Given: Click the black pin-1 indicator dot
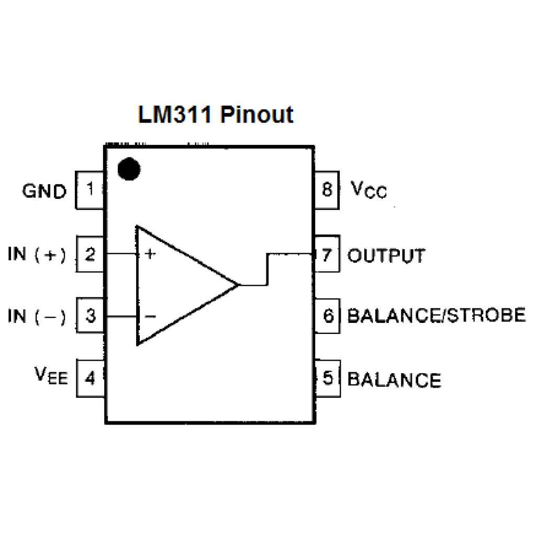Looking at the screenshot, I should click(129, 169).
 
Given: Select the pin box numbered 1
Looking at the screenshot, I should click(91, 189).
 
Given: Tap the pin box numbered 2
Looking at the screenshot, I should click(91, 255).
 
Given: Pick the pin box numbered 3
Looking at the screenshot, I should click(91, 316).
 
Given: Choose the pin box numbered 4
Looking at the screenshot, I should click(91, 377).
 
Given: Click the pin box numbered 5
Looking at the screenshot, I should click(328, 378).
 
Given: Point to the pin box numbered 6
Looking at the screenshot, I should click(328, 316).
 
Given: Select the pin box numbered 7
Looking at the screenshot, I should click(328, 255).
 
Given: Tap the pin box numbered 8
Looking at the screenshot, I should click(328, 189).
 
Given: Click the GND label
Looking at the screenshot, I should click(44, 192).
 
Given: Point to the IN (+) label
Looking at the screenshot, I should click(37, 255).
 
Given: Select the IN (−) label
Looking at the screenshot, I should click(37, 317).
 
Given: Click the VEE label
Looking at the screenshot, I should click(51, 376).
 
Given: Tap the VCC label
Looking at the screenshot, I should click(368, 190).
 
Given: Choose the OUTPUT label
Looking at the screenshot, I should click(386, 256).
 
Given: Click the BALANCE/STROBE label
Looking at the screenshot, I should click(436, 316).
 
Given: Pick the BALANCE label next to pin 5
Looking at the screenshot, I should click(394, 379).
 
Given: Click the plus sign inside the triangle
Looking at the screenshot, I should click(150, 254).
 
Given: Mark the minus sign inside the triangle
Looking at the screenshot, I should click(150, 316).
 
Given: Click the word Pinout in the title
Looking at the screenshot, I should click(256, 114).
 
